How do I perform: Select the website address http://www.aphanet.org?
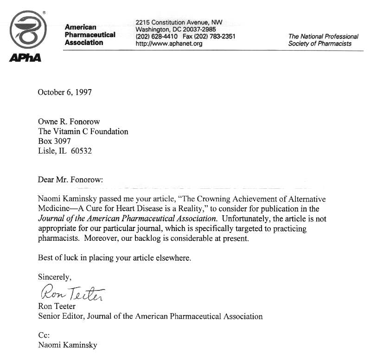click(x=169, y=44)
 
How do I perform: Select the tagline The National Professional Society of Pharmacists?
click(x=323, y=40)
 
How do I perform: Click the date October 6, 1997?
click(x=64, y=92)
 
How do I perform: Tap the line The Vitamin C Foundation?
click(x=83, y=131)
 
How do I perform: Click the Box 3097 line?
click(x=54, y=141)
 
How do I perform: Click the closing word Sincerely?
click(x=54, y=277)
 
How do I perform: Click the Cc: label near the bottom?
click(x=44, y=335)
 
